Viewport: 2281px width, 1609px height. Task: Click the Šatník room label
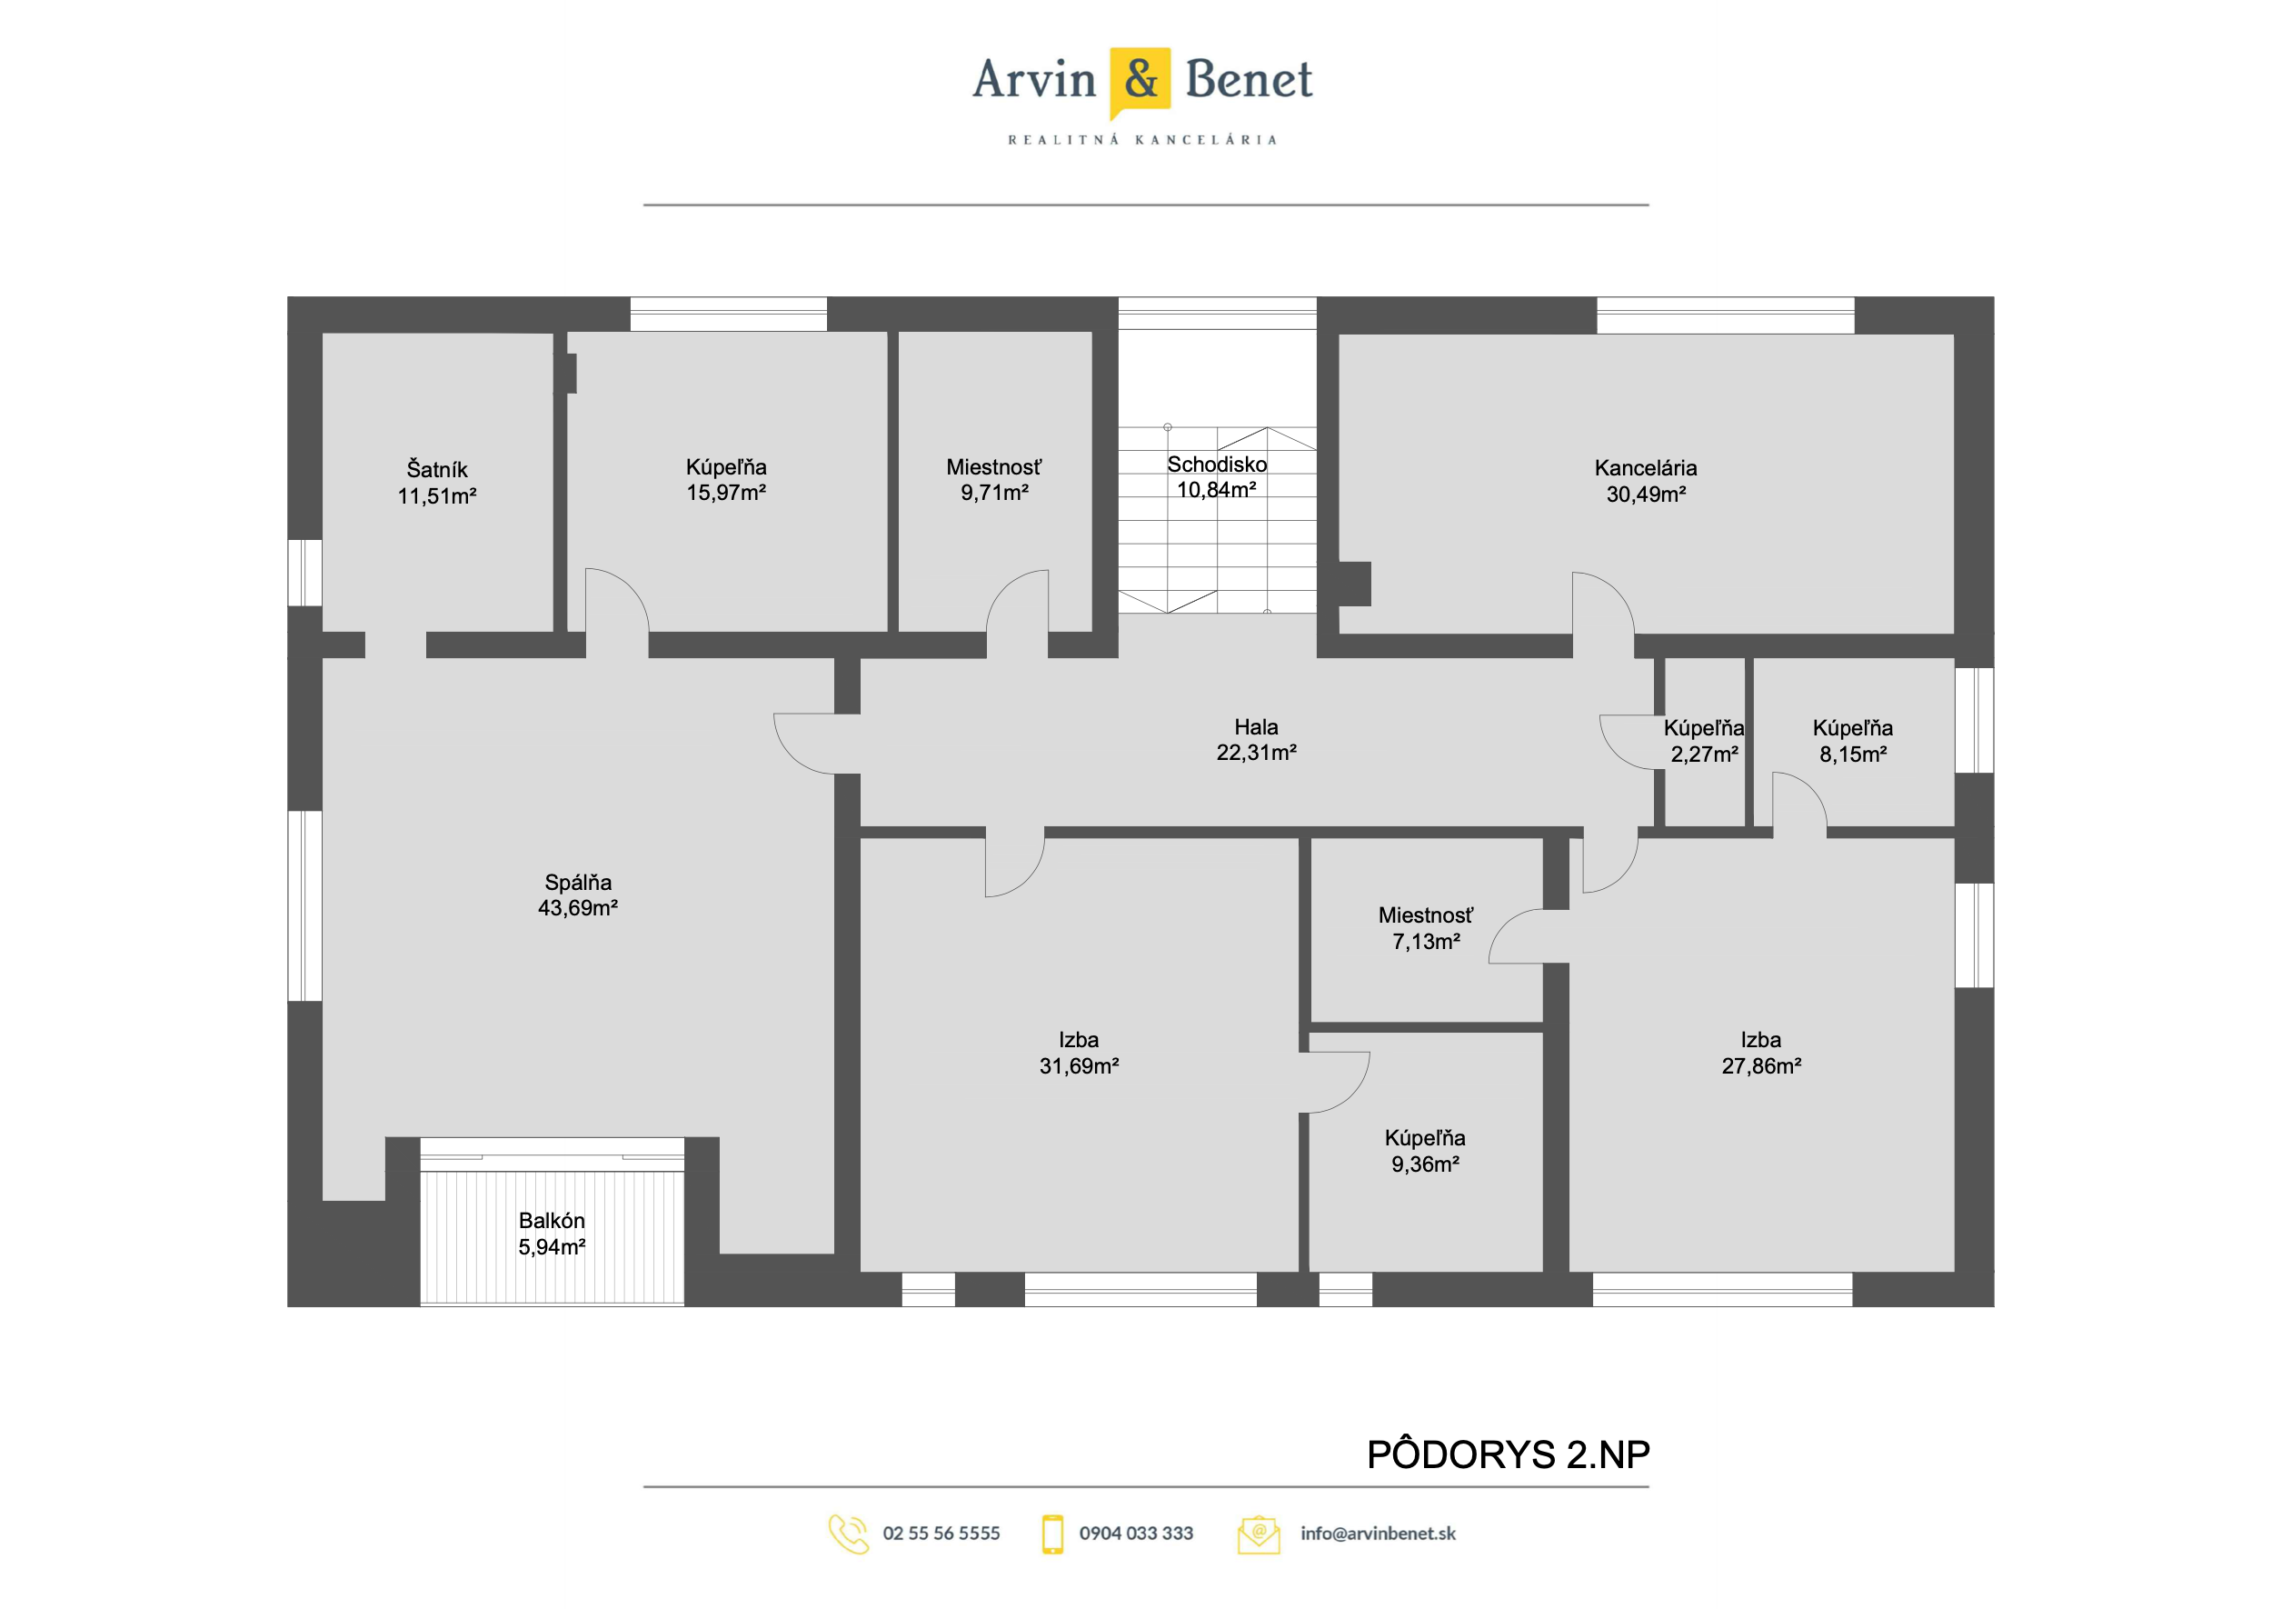click(436, 469)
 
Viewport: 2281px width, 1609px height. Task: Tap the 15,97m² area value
click(725, 493)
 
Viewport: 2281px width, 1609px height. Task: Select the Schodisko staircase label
click(1217, 465)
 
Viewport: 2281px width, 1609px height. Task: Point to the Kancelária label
click(1645, 468)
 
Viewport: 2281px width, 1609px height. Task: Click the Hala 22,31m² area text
click(1256, 754)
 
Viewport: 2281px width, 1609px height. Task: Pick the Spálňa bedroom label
click(577, 883)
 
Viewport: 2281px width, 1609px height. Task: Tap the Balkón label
click(552, 1221)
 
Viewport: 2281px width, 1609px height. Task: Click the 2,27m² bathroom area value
click(1704, 755)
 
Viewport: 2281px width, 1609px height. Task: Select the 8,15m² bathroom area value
click(1853, 755)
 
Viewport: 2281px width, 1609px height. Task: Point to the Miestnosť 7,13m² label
click(1426, 928)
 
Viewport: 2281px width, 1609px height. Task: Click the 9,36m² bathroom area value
click(1425, 1164)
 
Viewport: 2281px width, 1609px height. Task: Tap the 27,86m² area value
click(1760, 1066)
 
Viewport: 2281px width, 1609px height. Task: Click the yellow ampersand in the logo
click(1140, 79)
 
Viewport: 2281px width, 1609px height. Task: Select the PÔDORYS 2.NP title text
click(1508, 1455)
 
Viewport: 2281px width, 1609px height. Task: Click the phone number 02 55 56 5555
click(941, 1534)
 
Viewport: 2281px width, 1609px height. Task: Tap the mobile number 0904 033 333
click(1136, 1534)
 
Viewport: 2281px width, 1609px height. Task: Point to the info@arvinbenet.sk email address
click(1378, 1534)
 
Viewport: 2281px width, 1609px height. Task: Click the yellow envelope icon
click(1258, 1534)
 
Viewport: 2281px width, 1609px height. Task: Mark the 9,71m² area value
click(993, 493)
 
